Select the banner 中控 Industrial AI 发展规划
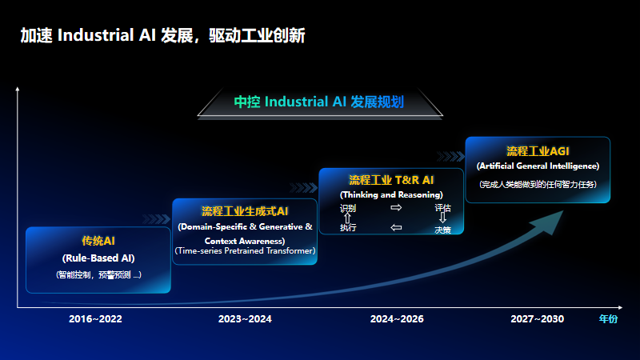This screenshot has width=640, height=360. [x=318, y=102]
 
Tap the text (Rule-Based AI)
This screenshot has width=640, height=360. [x=98, y=258]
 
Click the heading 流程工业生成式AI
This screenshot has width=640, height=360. [x=245, y=211]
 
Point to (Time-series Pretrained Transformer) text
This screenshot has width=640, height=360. [x=245, y=251]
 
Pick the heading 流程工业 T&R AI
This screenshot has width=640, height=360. [x=391, y=180]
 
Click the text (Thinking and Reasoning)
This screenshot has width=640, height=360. [x=391, y=194]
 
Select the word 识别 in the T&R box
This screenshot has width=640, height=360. [x=348, y=208]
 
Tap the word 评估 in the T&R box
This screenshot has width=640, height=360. [x=442, y=208]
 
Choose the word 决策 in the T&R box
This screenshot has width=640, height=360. [x=442, y=229]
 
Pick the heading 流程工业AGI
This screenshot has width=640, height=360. [x=538, y=150]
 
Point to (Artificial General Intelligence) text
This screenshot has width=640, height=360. [x=538, y=166]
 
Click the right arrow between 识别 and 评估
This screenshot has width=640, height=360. [x=395, y=208]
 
